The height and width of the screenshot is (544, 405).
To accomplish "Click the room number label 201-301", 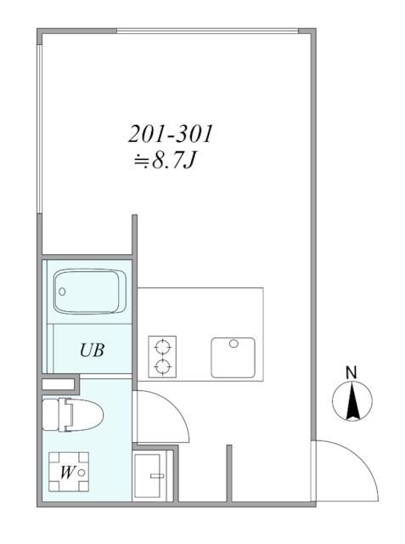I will (171, 134).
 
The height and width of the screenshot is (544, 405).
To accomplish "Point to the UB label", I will (92, 350).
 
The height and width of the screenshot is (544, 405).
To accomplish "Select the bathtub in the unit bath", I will (89, 292).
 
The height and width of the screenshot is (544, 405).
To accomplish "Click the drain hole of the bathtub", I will (61, 290).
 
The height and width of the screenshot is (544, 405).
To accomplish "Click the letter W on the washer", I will (65, 473).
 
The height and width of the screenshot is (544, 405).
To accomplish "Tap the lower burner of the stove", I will (161, 367).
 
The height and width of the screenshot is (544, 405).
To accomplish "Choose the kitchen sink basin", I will (233, 357).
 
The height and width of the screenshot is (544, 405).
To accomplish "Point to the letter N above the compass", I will (350, 371).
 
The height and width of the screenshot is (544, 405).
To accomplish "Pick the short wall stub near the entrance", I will (229, 472).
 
